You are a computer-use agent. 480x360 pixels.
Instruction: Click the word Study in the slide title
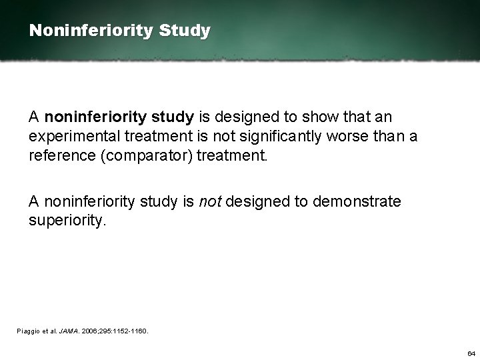(x=190, y=31)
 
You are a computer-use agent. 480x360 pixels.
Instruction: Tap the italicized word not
(x=211, y=201)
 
